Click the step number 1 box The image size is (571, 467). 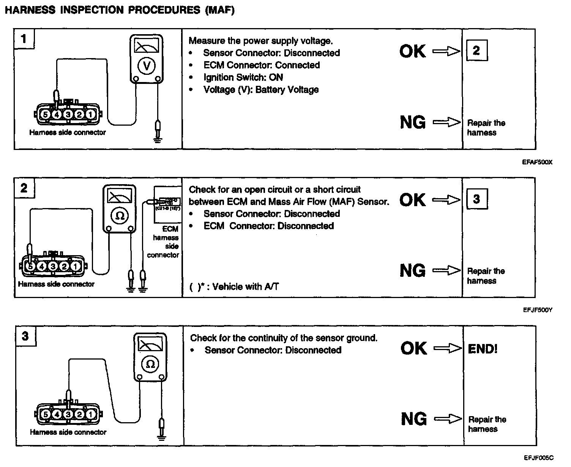point(24,39)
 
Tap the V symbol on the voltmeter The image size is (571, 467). point(147,66)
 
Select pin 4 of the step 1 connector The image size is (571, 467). point(57,114)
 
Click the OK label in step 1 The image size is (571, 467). point(412,52)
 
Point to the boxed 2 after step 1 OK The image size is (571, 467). point(476,50)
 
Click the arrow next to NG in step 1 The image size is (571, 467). point(446,122)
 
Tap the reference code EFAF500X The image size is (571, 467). point(537,162)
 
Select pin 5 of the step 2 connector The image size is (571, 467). point(30,267)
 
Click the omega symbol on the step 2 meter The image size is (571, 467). point(120,215)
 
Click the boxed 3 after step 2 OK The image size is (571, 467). point(476,199)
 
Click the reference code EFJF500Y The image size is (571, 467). point(537,310)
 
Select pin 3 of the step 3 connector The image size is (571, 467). point(68,414)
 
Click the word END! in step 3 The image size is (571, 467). point(483,349)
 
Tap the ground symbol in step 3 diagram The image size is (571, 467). point(162,438)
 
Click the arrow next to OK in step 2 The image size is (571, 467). point(446,200)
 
